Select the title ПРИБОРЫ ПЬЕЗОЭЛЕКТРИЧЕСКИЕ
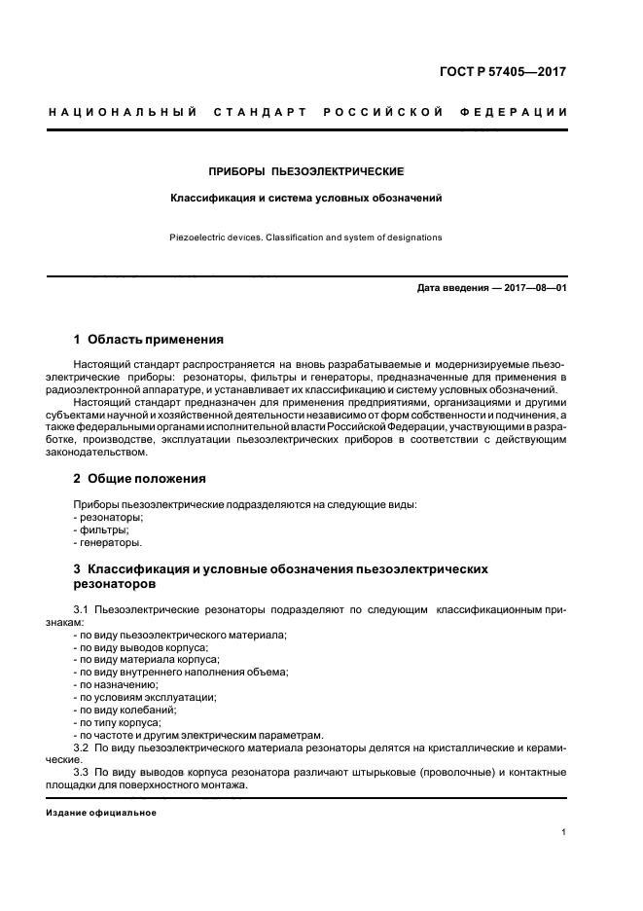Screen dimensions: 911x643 point(306,171)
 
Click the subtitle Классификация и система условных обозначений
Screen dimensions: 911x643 point(306,198)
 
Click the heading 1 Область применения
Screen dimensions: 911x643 point(149,340)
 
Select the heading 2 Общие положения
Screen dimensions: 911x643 point(140,479)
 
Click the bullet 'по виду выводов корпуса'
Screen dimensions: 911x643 point(142,647)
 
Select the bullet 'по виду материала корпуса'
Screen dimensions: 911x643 point(147,660)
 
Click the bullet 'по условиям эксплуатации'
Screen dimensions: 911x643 point(145,698)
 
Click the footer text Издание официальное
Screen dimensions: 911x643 point(100,813)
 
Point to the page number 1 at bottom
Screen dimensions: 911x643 point(564,832)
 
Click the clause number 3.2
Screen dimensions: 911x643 point(81,748)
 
